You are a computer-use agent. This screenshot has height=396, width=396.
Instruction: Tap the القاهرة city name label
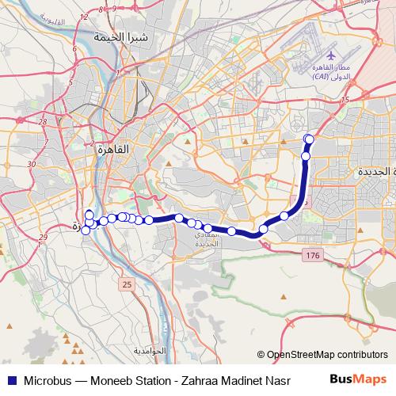pos(110,148)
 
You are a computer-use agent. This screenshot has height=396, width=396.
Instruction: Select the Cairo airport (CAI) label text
pos(330,71)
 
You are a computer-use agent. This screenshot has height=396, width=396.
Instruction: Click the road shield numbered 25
pos(126,283)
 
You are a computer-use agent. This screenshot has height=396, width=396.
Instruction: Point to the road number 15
pos(345,100)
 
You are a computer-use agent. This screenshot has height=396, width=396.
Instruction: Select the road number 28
pos(42,122)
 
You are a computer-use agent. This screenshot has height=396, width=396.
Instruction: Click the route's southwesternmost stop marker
pos(86,230)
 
